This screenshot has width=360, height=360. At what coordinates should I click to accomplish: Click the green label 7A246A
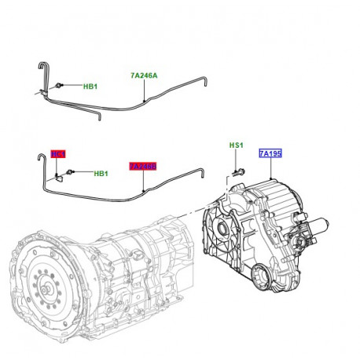point(144,76)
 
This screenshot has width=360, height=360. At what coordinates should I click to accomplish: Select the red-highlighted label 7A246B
point(142,167)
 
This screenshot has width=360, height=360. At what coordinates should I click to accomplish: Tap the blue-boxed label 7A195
point(270,156)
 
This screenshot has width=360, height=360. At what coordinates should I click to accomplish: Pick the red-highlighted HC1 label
point(58,154)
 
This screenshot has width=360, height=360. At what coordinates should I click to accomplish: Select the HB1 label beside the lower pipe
point(101,174)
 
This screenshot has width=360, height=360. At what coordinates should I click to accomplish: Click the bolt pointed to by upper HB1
point(61,86)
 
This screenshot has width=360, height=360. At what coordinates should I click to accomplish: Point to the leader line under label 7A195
point(270,169)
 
